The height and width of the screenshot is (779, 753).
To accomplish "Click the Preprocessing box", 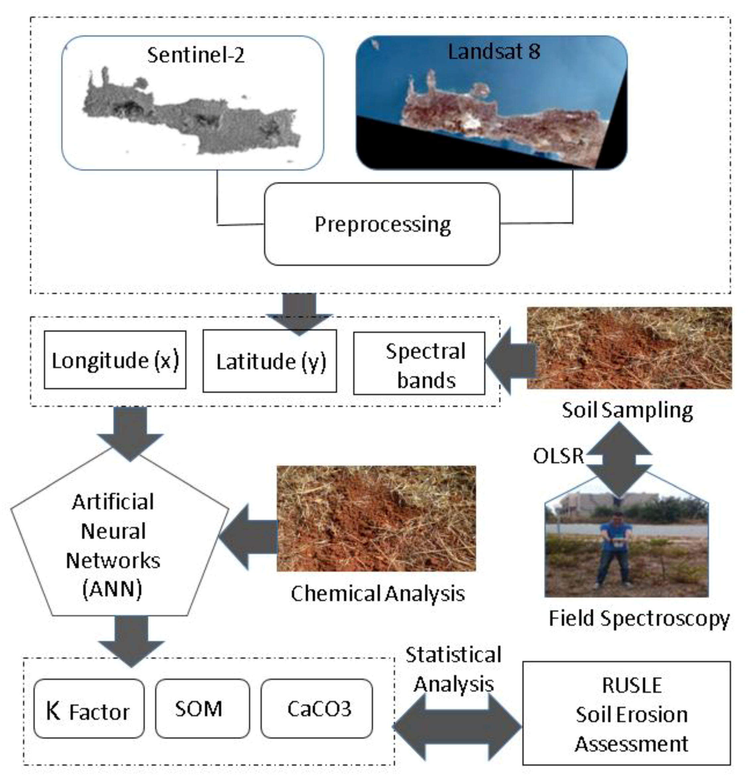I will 382,224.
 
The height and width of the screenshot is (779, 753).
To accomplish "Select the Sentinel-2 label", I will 196,55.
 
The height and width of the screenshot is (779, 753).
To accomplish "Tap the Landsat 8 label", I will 494,52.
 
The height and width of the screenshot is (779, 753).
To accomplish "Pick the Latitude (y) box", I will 270,362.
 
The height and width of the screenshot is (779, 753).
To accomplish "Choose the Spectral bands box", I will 419,364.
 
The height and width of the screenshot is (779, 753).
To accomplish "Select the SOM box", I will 202,709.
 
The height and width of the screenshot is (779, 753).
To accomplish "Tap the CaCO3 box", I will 317,709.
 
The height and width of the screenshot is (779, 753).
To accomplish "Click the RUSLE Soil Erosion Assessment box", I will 626,714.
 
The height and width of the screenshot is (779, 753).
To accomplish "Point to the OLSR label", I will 558,456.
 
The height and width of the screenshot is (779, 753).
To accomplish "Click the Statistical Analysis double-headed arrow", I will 457,726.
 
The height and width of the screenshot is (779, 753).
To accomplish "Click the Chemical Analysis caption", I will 377,594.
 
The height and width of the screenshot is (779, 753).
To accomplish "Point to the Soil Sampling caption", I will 627,410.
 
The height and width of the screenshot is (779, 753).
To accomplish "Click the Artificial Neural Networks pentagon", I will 115,545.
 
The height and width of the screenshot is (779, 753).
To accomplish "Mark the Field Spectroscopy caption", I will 639,618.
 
